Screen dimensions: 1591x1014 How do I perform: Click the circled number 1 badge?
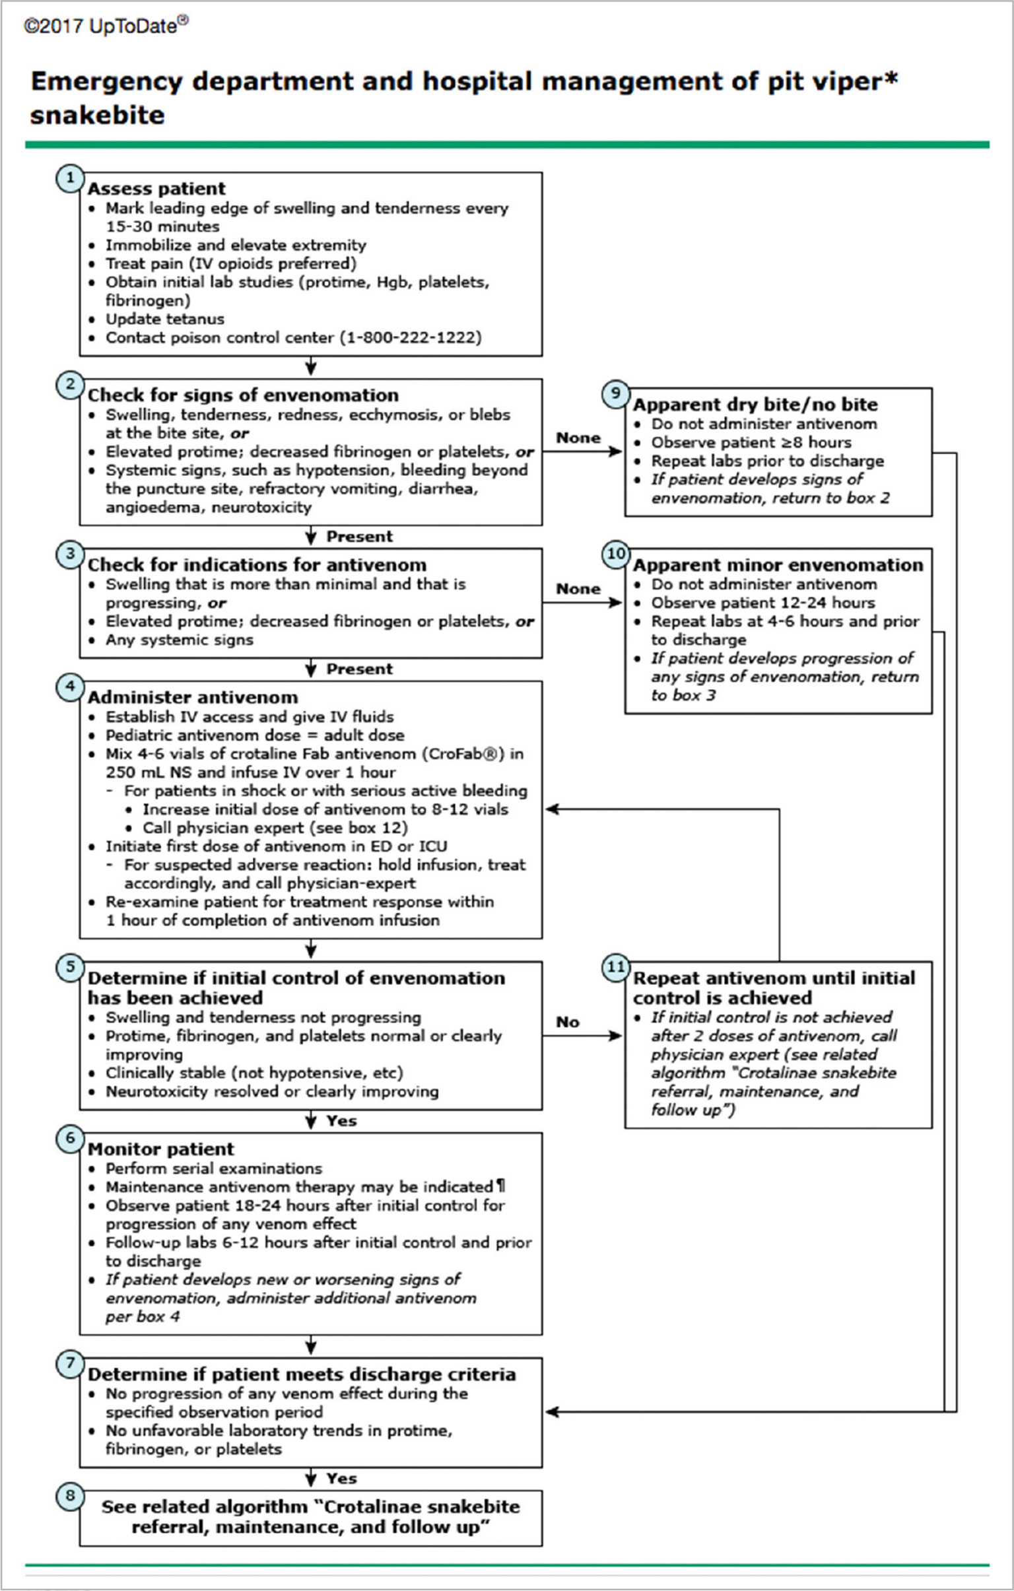tap(70, 178)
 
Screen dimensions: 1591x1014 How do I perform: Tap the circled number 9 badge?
tap(615, 393)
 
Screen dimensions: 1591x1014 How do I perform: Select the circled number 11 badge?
tap(615, 967)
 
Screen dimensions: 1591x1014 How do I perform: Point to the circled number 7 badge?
tap(70, 1364)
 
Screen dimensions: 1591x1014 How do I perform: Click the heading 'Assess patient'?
tap(156, 189)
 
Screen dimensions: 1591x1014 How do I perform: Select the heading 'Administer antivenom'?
tap(192, 698)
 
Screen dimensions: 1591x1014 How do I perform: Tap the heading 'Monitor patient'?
tap(160, 1149)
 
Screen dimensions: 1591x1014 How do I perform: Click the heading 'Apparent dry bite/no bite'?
tap(755, 405)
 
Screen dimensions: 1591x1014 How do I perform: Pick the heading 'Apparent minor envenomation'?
tap(778, 565)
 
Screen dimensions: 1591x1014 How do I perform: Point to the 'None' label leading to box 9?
tap(578, 438)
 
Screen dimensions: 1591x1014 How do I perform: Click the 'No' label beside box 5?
tap(568, 1022)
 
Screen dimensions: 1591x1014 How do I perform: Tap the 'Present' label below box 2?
tap(359, 537)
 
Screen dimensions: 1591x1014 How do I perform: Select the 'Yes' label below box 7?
tap(341, 1479)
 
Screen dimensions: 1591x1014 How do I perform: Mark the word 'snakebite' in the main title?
tap(97, 115)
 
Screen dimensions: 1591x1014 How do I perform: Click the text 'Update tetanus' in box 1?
tap(164, 319)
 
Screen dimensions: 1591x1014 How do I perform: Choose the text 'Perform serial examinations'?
tap(214, 1168)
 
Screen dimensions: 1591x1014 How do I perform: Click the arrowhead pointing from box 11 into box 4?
tap(551, 809)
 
